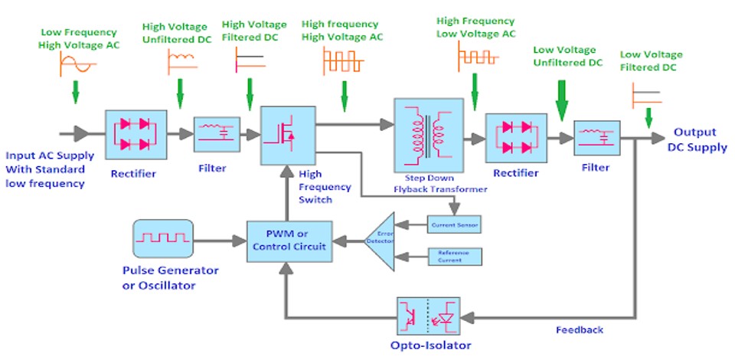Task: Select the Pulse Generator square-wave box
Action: (x=162, y=240)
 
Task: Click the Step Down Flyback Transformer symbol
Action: (x=429, y=135)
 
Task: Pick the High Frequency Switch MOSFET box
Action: (x=287, y=135)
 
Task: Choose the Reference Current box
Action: (x=454, y=257)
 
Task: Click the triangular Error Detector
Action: (x=381, y=240)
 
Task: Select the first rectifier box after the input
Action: (x=136, y=135)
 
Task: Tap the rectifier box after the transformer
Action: (x=514, y=138)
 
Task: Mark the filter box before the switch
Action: (x=217, y=135)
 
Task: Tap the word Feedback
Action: (x=580, y=330)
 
